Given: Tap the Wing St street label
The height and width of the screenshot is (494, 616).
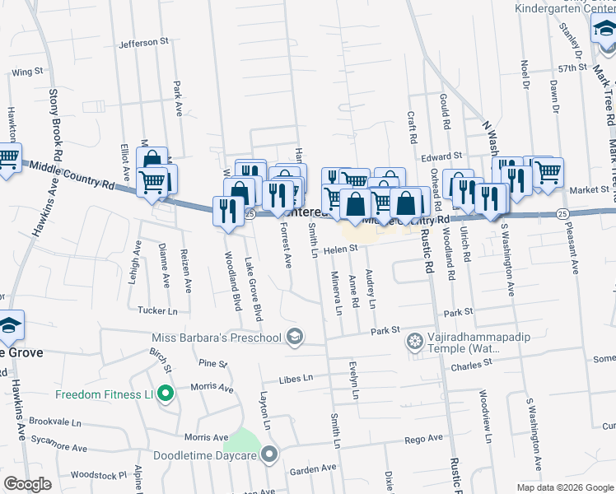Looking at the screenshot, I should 27,72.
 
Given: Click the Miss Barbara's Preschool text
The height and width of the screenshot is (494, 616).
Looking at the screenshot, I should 216,337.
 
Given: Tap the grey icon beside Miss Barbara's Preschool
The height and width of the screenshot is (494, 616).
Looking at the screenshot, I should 294,337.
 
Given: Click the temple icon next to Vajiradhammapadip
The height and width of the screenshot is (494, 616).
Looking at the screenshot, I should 417,341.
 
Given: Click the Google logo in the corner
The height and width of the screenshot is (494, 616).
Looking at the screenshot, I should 28,484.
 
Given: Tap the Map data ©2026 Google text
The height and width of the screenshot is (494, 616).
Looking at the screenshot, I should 565,487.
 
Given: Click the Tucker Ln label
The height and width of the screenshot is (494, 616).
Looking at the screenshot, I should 157,311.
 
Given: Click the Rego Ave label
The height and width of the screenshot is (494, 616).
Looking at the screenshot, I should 423,440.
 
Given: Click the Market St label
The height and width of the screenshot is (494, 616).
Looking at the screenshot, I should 587,190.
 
